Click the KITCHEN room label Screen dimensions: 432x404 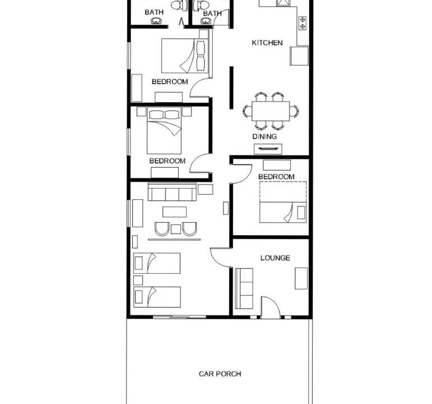267,43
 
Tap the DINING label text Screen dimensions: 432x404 264,136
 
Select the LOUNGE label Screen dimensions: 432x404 275,258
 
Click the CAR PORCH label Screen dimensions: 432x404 220,374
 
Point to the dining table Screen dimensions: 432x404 271,111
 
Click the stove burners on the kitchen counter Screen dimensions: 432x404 303,22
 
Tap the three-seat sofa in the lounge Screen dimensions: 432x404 244,288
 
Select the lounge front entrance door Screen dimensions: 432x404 271,307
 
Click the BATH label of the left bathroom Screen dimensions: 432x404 154,12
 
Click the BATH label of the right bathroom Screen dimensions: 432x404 212,13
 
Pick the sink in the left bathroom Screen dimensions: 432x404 156,21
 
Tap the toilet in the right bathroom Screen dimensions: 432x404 201,5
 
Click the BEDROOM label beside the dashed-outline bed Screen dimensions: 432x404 276,177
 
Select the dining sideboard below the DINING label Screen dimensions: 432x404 268,149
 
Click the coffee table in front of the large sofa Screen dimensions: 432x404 174,212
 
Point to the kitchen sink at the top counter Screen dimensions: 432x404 283,3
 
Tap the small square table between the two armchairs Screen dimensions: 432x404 176,229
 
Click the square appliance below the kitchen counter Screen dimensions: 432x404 299,56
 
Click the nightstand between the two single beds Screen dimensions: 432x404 138,280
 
